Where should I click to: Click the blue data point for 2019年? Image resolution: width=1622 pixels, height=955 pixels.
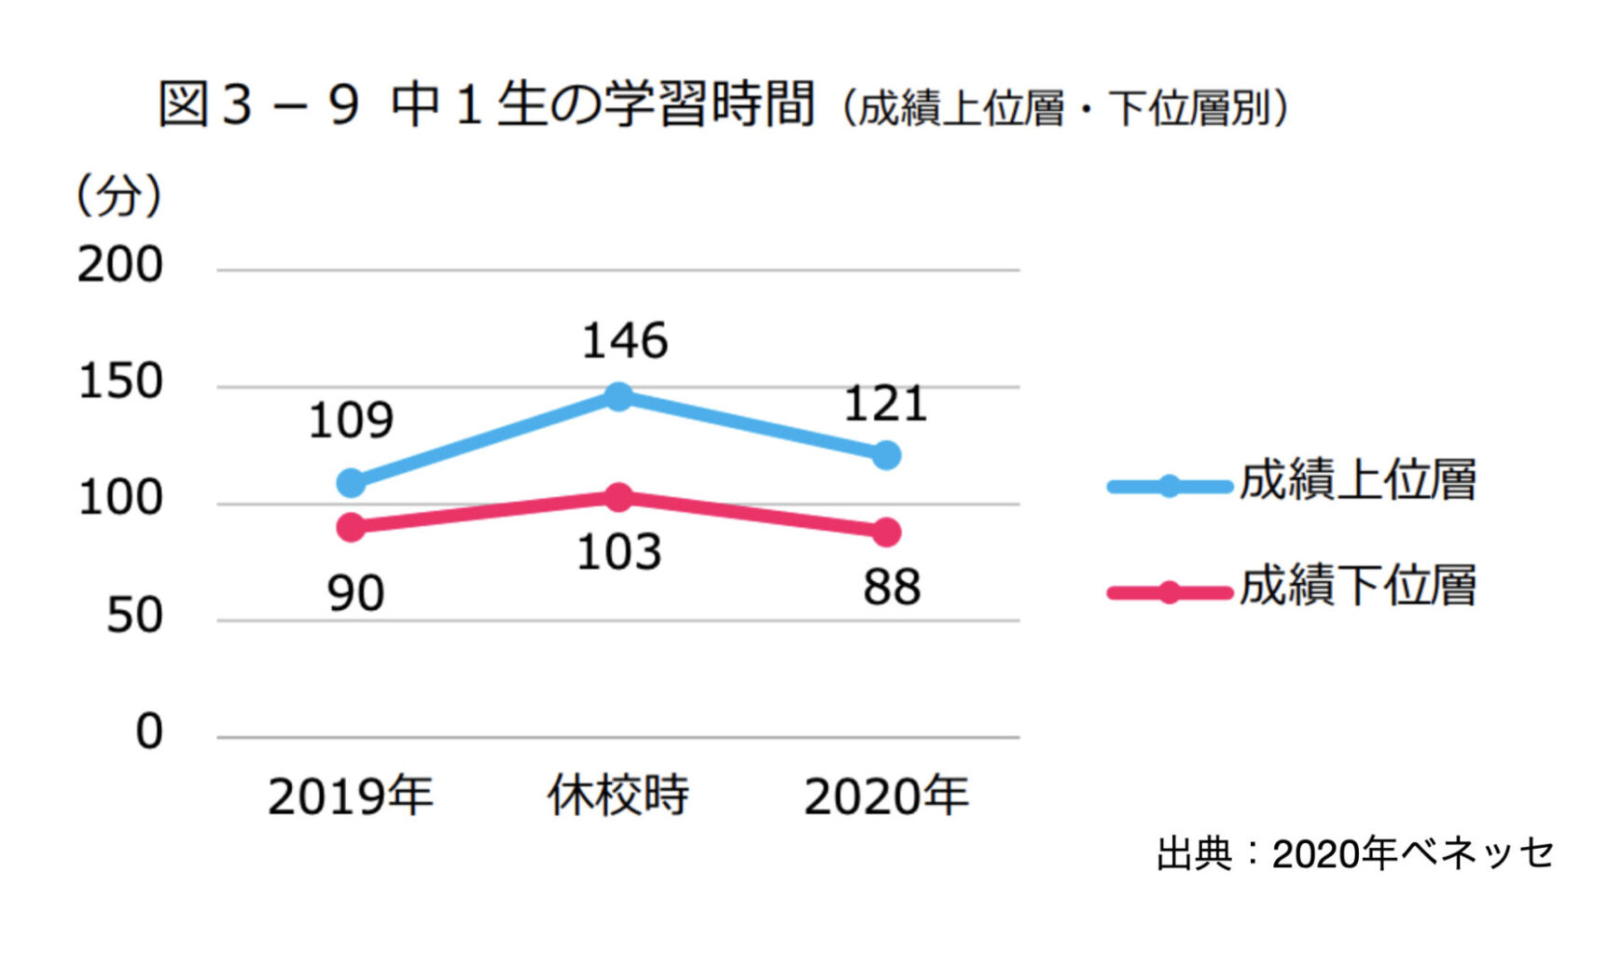click(351, 483)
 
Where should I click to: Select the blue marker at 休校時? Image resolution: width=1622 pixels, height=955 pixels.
click(618, 396)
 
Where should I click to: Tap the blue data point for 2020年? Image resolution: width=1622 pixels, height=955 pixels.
click(886, 455)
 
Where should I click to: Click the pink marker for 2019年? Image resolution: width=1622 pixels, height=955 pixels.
click(351, 527)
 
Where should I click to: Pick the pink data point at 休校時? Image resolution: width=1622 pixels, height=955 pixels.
click(618, 497)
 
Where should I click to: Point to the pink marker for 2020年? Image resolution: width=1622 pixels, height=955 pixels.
click(886, 533)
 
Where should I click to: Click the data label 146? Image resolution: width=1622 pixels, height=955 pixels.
click(625, 341)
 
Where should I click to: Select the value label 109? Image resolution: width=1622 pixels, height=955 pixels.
click(351, 421)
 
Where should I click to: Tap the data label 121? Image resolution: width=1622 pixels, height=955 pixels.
click(885, 405)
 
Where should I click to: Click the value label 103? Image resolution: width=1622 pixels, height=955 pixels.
click(619, 552)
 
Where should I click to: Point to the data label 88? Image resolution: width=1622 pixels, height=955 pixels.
click(892, 588)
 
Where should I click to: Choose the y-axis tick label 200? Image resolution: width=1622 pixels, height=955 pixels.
click(120, 266)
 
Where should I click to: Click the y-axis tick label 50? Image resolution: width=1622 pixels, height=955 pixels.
click(134, 616)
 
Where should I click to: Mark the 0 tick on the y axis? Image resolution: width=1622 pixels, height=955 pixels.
click(149, 732)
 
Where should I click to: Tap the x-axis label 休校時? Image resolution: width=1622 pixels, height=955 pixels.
click(617, 796)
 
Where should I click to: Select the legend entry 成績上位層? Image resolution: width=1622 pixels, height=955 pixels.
click(1357, 480)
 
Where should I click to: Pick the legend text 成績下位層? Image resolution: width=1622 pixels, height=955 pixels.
click(1357, 587)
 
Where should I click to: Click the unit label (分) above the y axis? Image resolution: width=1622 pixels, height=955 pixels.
click(119, 196)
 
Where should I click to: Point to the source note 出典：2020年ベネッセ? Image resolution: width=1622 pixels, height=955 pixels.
click(1355, 853)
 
